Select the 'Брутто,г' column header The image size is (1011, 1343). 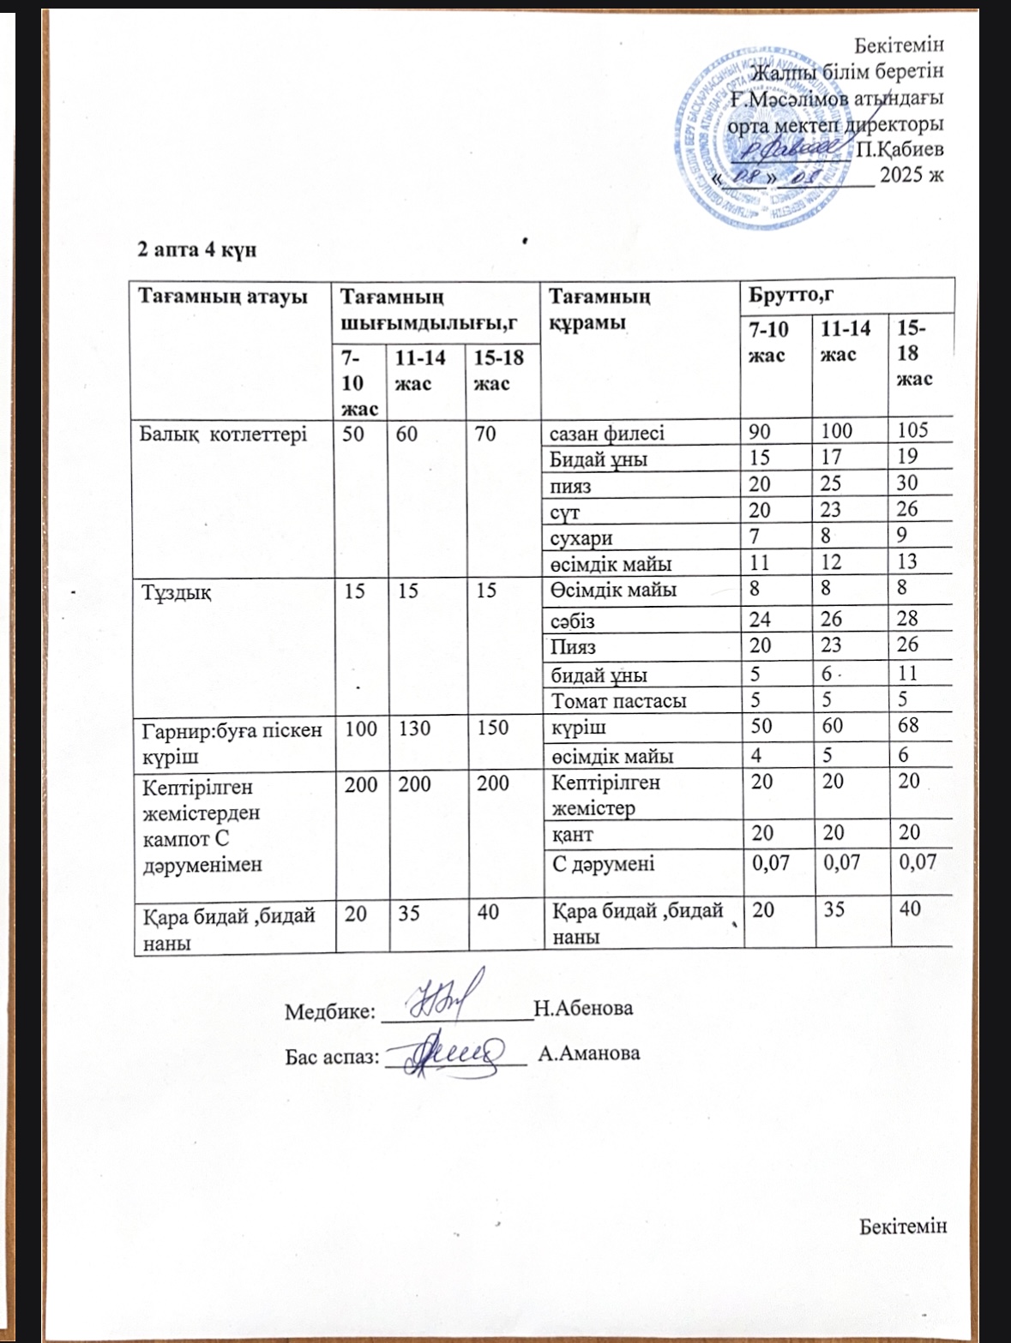(791, 296)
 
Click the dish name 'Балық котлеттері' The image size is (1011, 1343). (224, 433)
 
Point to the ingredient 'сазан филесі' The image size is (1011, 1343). (606, 433)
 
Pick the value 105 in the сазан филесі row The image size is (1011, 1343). (912, 430)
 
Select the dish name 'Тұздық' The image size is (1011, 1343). (177, 591)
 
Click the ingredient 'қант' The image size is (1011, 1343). (574, 833)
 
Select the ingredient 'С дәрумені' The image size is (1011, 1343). (604, 863)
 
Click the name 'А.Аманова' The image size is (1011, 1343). (588, 1053)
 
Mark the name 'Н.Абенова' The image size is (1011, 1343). (583, 1008)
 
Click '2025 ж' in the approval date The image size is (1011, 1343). (912, 176)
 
